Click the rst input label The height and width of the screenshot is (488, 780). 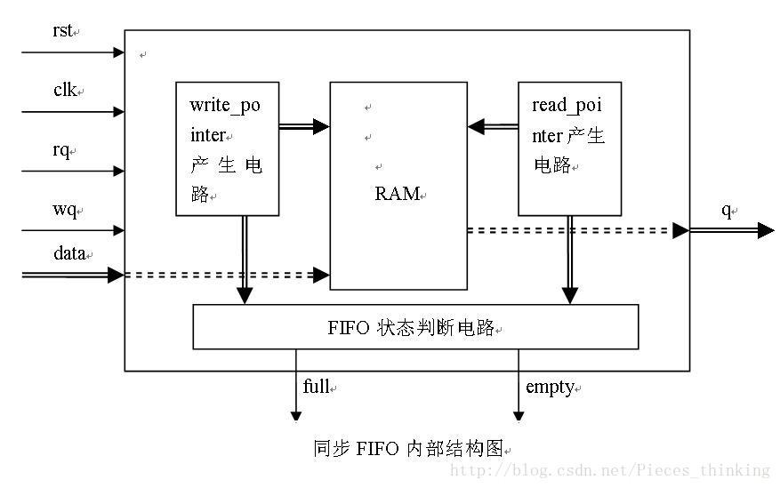pos(62,30)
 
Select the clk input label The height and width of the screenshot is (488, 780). pos(65,90)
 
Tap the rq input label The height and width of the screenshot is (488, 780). pos(61,149)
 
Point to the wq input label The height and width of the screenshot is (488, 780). pos(64,210)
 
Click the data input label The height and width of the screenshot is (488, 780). pos(69,253)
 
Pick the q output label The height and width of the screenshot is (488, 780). pos(726,210)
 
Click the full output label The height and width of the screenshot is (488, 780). pos(317,387)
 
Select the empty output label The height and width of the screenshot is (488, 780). pos(550,387)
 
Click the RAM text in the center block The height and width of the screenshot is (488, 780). pos(397,194)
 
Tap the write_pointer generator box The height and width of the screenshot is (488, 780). pos(226,148)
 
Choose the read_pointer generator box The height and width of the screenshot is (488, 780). pos(569,148)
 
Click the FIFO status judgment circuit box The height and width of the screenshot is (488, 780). pos(415,327)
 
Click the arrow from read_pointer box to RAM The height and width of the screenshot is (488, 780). pos(493,127)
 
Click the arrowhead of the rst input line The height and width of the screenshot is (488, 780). pos(118,52)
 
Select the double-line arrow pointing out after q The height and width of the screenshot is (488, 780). pos(732,230)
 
